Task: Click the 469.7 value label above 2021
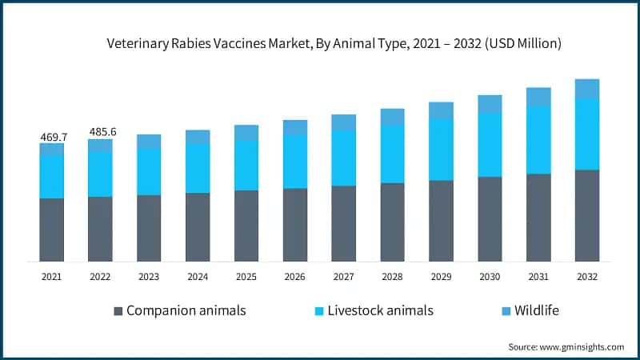[x=54, y=138]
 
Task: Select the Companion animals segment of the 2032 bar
[x=587, y=215]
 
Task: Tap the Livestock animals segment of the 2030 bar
[x=490, y=145]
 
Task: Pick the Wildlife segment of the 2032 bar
[x=587, y=89]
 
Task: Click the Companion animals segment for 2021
[x=52, y=230]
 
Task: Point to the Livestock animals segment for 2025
[x=246, y=166]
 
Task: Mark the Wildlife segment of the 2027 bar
[x=344, y=122]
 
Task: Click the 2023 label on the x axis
[x=149, y=276]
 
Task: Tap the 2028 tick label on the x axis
[x=392, y=276]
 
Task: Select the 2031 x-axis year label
[x=538, y=276]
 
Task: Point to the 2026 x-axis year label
[x=295, y=276]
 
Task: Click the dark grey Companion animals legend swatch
[x=119, y=310]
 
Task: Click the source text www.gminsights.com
[x=584, y=346]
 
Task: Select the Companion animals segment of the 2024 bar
[x=198, y=227]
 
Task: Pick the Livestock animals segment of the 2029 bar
[x=441, y=150]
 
